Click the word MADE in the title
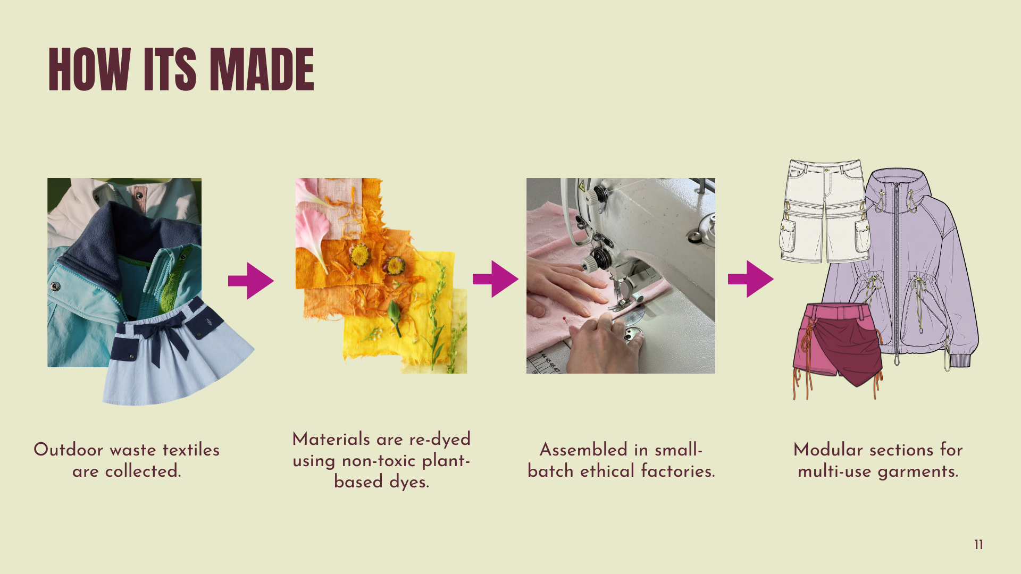click(x=262, y=69)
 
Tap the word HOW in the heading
click(x=89, y=69)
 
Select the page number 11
click(x=978, y=545)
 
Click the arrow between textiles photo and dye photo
click(x=251, y=281)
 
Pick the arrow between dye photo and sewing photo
click(x=496, y=279)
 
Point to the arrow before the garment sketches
click(x=751, y=279)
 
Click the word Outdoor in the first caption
click(x=69, y=450)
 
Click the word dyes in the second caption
click(x=409, y=483)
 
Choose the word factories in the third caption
click(x=678, y=471)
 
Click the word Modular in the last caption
click(x=828, y=450)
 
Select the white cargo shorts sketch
click(x=824, y=212)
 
